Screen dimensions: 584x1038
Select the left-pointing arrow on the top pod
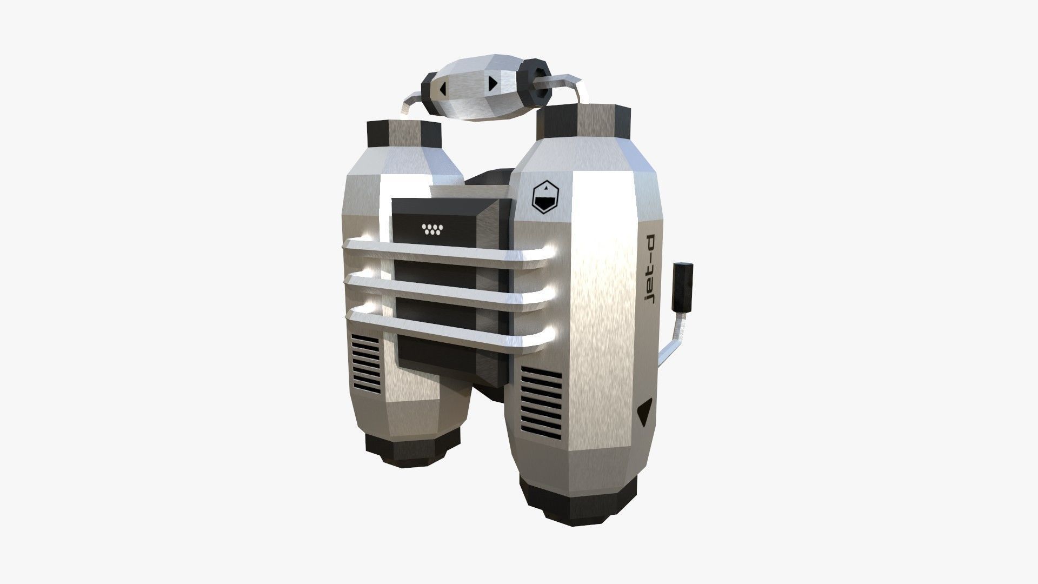(x=443, y=89)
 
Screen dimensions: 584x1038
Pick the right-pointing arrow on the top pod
(x=493, y=83)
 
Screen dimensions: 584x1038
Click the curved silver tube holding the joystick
(x=670, y=341)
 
